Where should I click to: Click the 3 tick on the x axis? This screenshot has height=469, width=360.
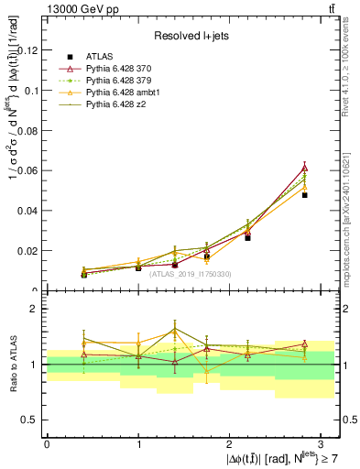(x=322, y=443)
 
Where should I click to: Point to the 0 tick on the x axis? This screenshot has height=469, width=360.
(x=47, y=443)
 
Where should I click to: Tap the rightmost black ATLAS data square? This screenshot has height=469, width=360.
(x=304, y=195)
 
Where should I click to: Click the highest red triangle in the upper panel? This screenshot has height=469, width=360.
(x=304, y=168)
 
